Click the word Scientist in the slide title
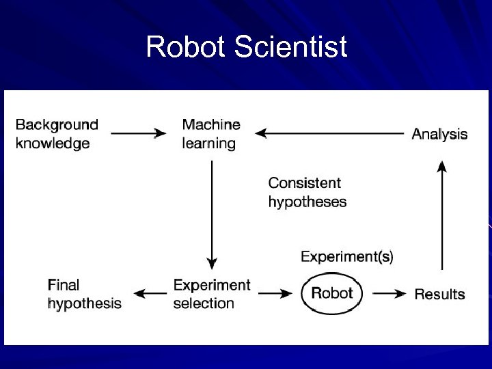click(290, 48)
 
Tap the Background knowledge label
click(57, 134)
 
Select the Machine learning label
click(211, 134)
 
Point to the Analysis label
click(439, 134)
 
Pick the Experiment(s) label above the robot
click(347, 257)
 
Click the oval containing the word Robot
click(332, 293)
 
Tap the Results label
click(439, 295)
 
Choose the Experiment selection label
click(212, 294)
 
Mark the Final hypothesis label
click(84, 294)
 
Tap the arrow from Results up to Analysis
click(443, 215)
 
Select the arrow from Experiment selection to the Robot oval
click(275, 294)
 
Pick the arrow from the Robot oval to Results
click(389, 294)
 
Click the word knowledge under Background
click(53, 143)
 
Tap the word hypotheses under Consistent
click(307, 202)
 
